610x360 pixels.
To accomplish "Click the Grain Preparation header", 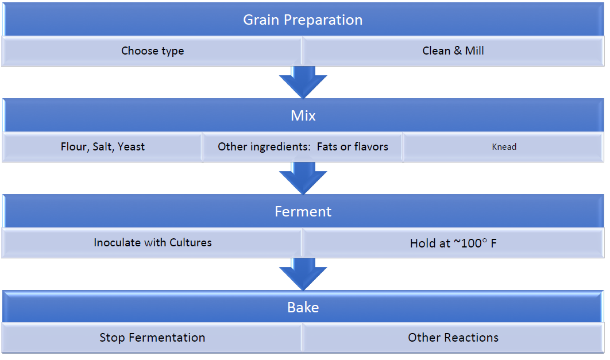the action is click(x=303, y=20).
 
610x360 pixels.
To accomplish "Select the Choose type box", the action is click(x=152, y=51).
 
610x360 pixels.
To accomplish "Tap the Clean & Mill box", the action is click(x=453, y=51).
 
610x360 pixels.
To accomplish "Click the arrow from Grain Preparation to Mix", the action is click(x=303, y=82).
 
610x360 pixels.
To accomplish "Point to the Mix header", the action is click(x=303, y=115).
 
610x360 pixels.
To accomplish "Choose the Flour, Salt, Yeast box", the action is click(x=102, y=147).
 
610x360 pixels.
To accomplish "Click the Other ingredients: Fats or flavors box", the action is click(x=303, y=147).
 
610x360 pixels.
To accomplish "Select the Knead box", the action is click(x=503, y=147).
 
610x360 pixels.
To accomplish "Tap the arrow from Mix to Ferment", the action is click(x=303, y=178).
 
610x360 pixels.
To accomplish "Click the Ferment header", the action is click(x=303, y=211).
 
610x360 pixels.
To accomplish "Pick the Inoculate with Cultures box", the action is click(x=152, y=243).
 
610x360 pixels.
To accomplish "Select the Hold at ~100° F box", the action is click(x=453, y=243).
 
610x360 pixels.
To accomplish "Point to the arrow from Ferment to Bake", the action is click(x=303, y=274).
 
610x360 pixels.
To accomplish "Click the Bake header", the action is click(x=303, y=307).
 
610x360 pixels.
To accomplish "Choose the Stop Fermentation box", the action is click(x=152, y=338).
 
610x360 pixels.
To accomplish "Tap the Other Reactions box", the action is click(x=453, y=338).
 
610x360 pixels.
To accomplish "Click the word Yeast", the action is click(x=131, y=147).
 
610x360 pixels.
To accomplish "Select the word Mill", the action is click(x=474, y=51).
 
